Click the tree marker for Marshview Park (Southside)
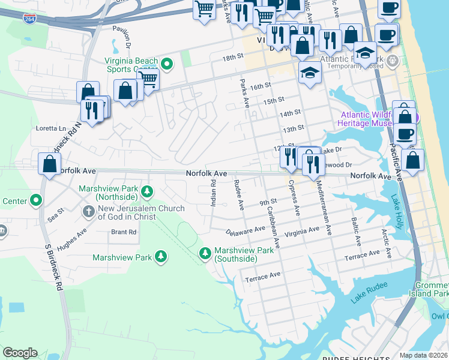tap(205, 254)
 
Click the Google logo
tap(20, 353)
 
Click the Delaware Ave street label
tap(246, 230)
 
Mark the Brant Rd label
tap(124, 232)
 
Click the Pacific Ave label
tap(395, 162)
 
